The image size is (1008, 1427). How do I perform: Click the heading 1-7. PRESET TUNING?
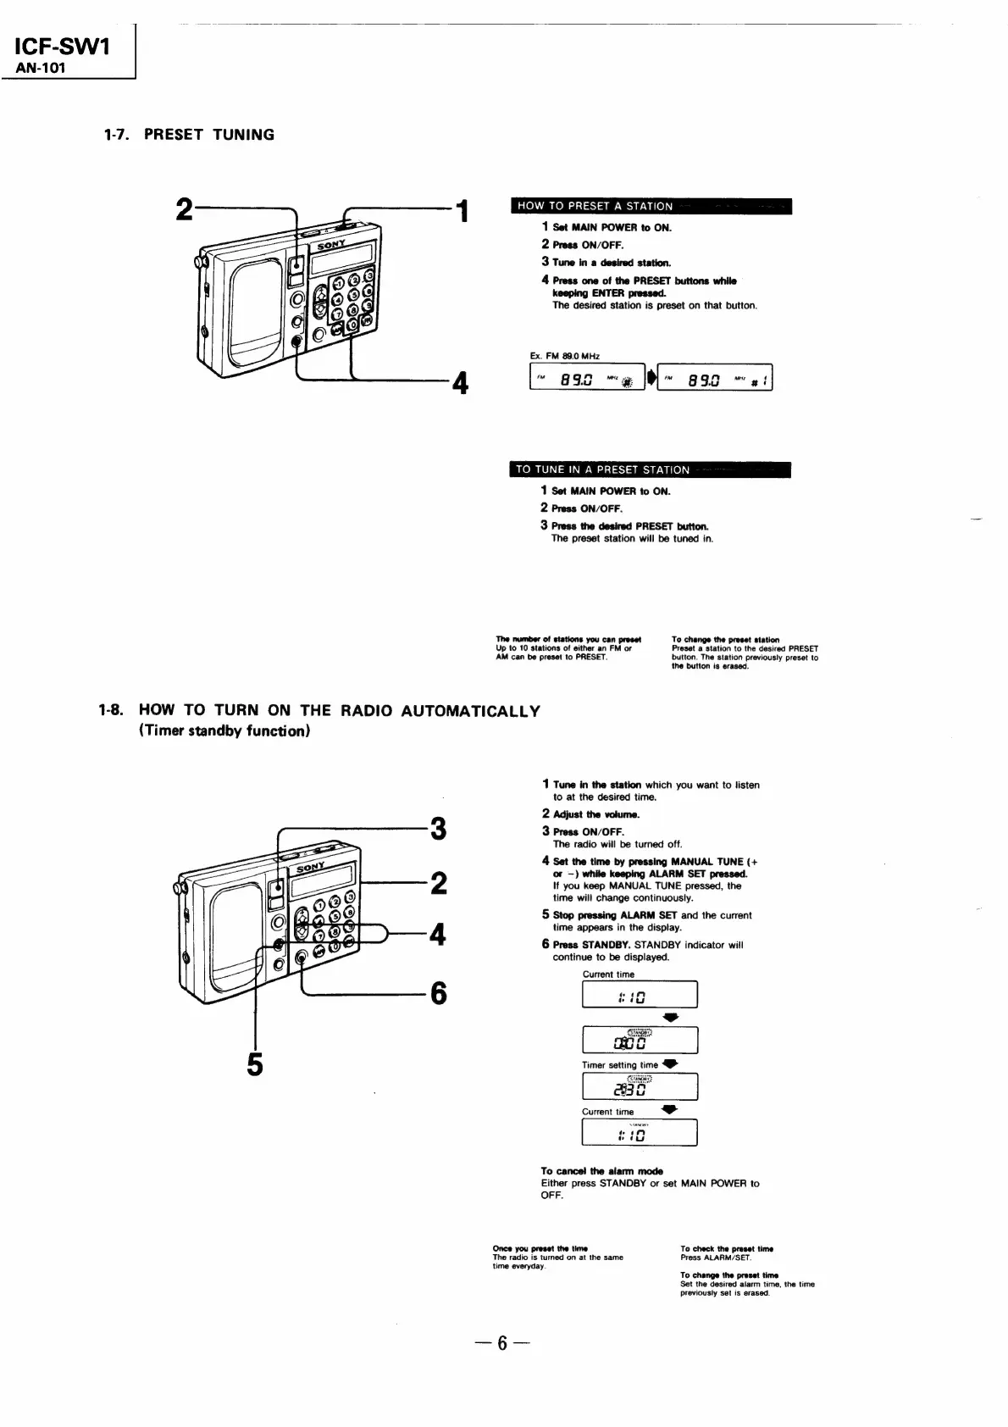click(189, 135)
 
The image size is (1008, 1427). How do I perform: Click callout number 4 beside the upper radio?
click(460, 384)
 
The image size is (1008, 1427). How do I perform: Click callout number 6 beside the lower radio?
click(438, 992)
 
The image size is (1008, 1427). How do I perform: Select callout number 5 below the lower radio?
click(254, 1063)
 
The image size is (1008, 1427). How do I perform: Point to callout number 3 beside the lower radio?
click(438, 828)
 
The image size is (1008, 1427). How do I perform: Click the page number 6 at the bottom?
click(501, 1343)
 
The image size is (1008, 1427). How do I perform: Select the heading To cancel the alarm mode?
click(601, 1171)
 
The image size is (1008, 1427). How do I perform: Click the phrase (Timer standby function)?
click(224, 731)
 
